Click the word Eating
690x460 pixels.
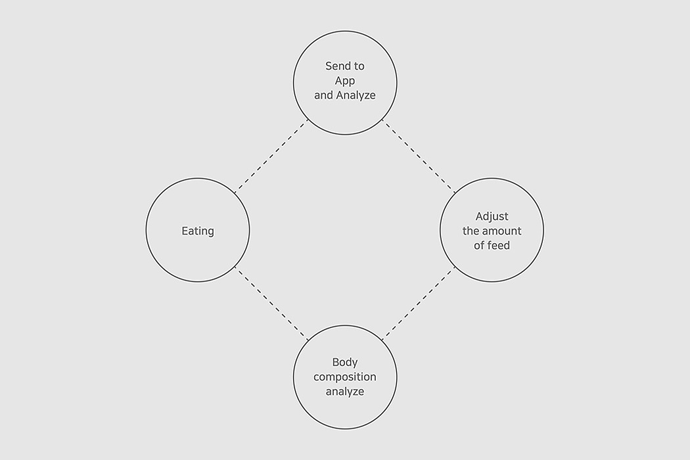point(198,231)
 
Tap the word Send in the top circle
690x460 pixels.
point(336,66)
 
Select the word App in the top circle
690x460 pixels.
point(345,81)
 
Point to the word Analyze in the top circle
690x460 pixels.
point(356,95)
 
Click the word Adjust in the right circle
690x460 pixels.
point(492,217)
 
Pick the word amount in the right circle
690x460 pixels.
point(501,231)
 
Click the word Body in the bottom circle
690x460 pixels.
point(345,362)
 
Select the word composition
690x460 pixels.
point(345,377)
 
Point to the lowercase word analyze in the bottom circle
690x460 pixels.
point(345,392)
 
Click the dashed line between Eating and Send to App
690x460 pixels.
point(271,156)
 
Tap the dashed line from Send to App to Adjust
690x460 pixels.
point(419,156)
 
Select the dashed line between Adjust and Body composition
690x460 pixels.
point(419,304)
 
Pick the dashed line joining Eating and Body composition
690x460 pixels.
point(271,304)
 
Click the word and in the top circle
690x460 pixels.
point(323,95)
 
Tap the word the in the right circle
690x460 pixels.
point(471,231)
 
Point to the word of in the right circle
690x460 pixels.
point(479,246)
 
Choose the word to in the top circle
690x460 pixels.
point(358,66)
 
